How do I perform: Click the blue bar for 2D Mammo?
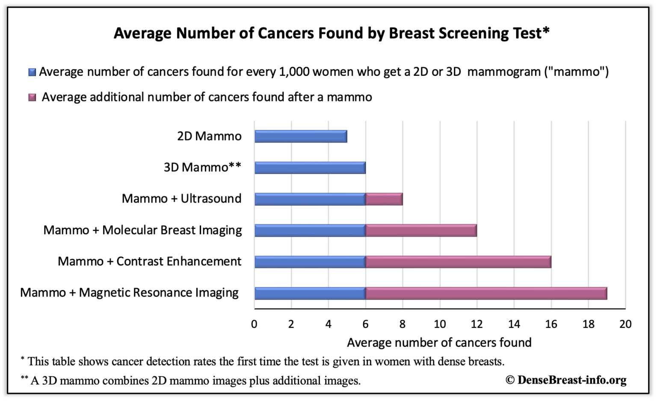(301, 137)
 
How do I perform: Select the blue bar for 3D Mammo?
(310, 168)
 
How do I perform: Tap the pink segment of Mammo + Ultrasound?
(384, 199)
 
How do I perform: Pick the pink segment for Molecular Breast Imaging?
(421, 230)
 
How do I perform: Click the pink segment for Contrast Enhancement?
(458, 262)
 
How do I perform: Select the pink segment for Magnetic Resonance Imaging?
(486, 293)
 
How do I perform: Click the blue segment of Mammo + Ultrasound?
(310, 199)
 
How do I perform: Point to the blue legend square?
(32, 72)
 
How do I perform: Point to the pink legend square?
(32, 98)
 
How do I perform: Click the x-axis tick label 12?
(476, 324)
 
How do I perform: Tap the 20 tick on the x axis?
(625, 324)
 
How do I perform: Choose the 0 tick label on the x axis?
(254, 324)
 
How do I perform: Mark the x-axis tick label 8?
(402, 324)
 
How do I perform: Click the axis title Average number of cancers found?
(439, 342)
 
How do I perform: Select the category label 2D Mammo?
(209, 136)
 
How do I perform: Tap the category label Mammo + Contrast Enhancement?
(149, 261)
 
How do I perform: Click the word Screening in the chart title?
(449, 33)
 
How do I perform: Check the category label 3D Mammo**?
(202, 167)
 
